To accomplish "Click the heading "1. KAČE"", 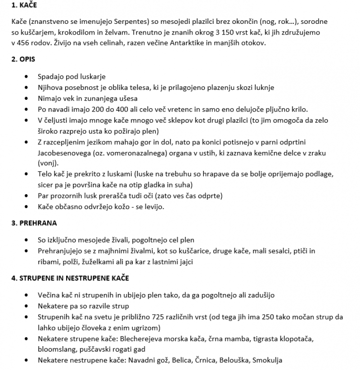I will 24,6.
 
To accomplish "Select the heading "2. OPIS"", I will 23,59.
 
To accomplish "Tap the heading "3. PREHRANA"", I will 34,223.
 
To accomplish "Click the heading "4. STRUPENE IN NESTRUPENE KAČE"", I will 70,278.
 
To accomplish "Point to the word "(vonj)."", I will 48,163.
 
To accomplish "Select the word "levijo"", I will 153,207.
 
